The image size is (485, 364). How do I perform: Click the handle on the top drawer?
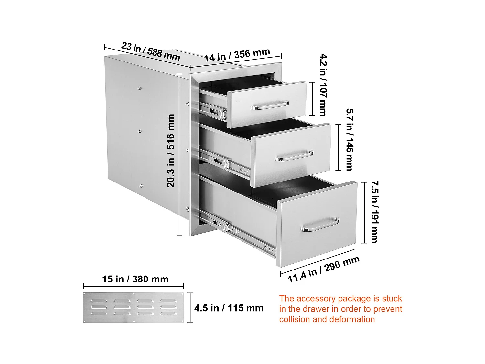point(270,105)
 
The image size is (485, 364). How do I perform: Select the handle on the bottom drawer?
point(320,224)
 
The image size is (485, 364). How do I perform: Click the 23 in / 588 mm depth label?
point(150,51)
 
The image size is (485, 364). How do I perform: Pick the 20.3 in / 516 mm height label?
point(171,150)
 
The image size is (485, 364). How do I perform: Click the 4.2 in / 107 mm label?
point(323,85)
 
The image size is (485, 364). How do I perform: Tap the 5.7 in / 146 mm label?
point(349,139)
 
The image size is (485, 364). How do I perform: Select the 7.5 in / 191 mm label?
point(374,212)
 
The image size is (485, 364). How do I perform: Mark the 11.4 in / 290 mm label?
point(323,269)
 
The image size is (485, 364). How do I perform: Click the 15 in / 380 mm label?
point(135,279)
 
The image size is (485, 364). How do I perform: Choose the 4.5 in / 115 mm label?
point(229,308)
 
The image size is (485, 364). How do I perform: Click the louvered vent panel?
point(134,307)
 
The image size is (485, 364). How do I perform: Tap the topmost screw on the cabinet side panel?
point(139,88)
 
